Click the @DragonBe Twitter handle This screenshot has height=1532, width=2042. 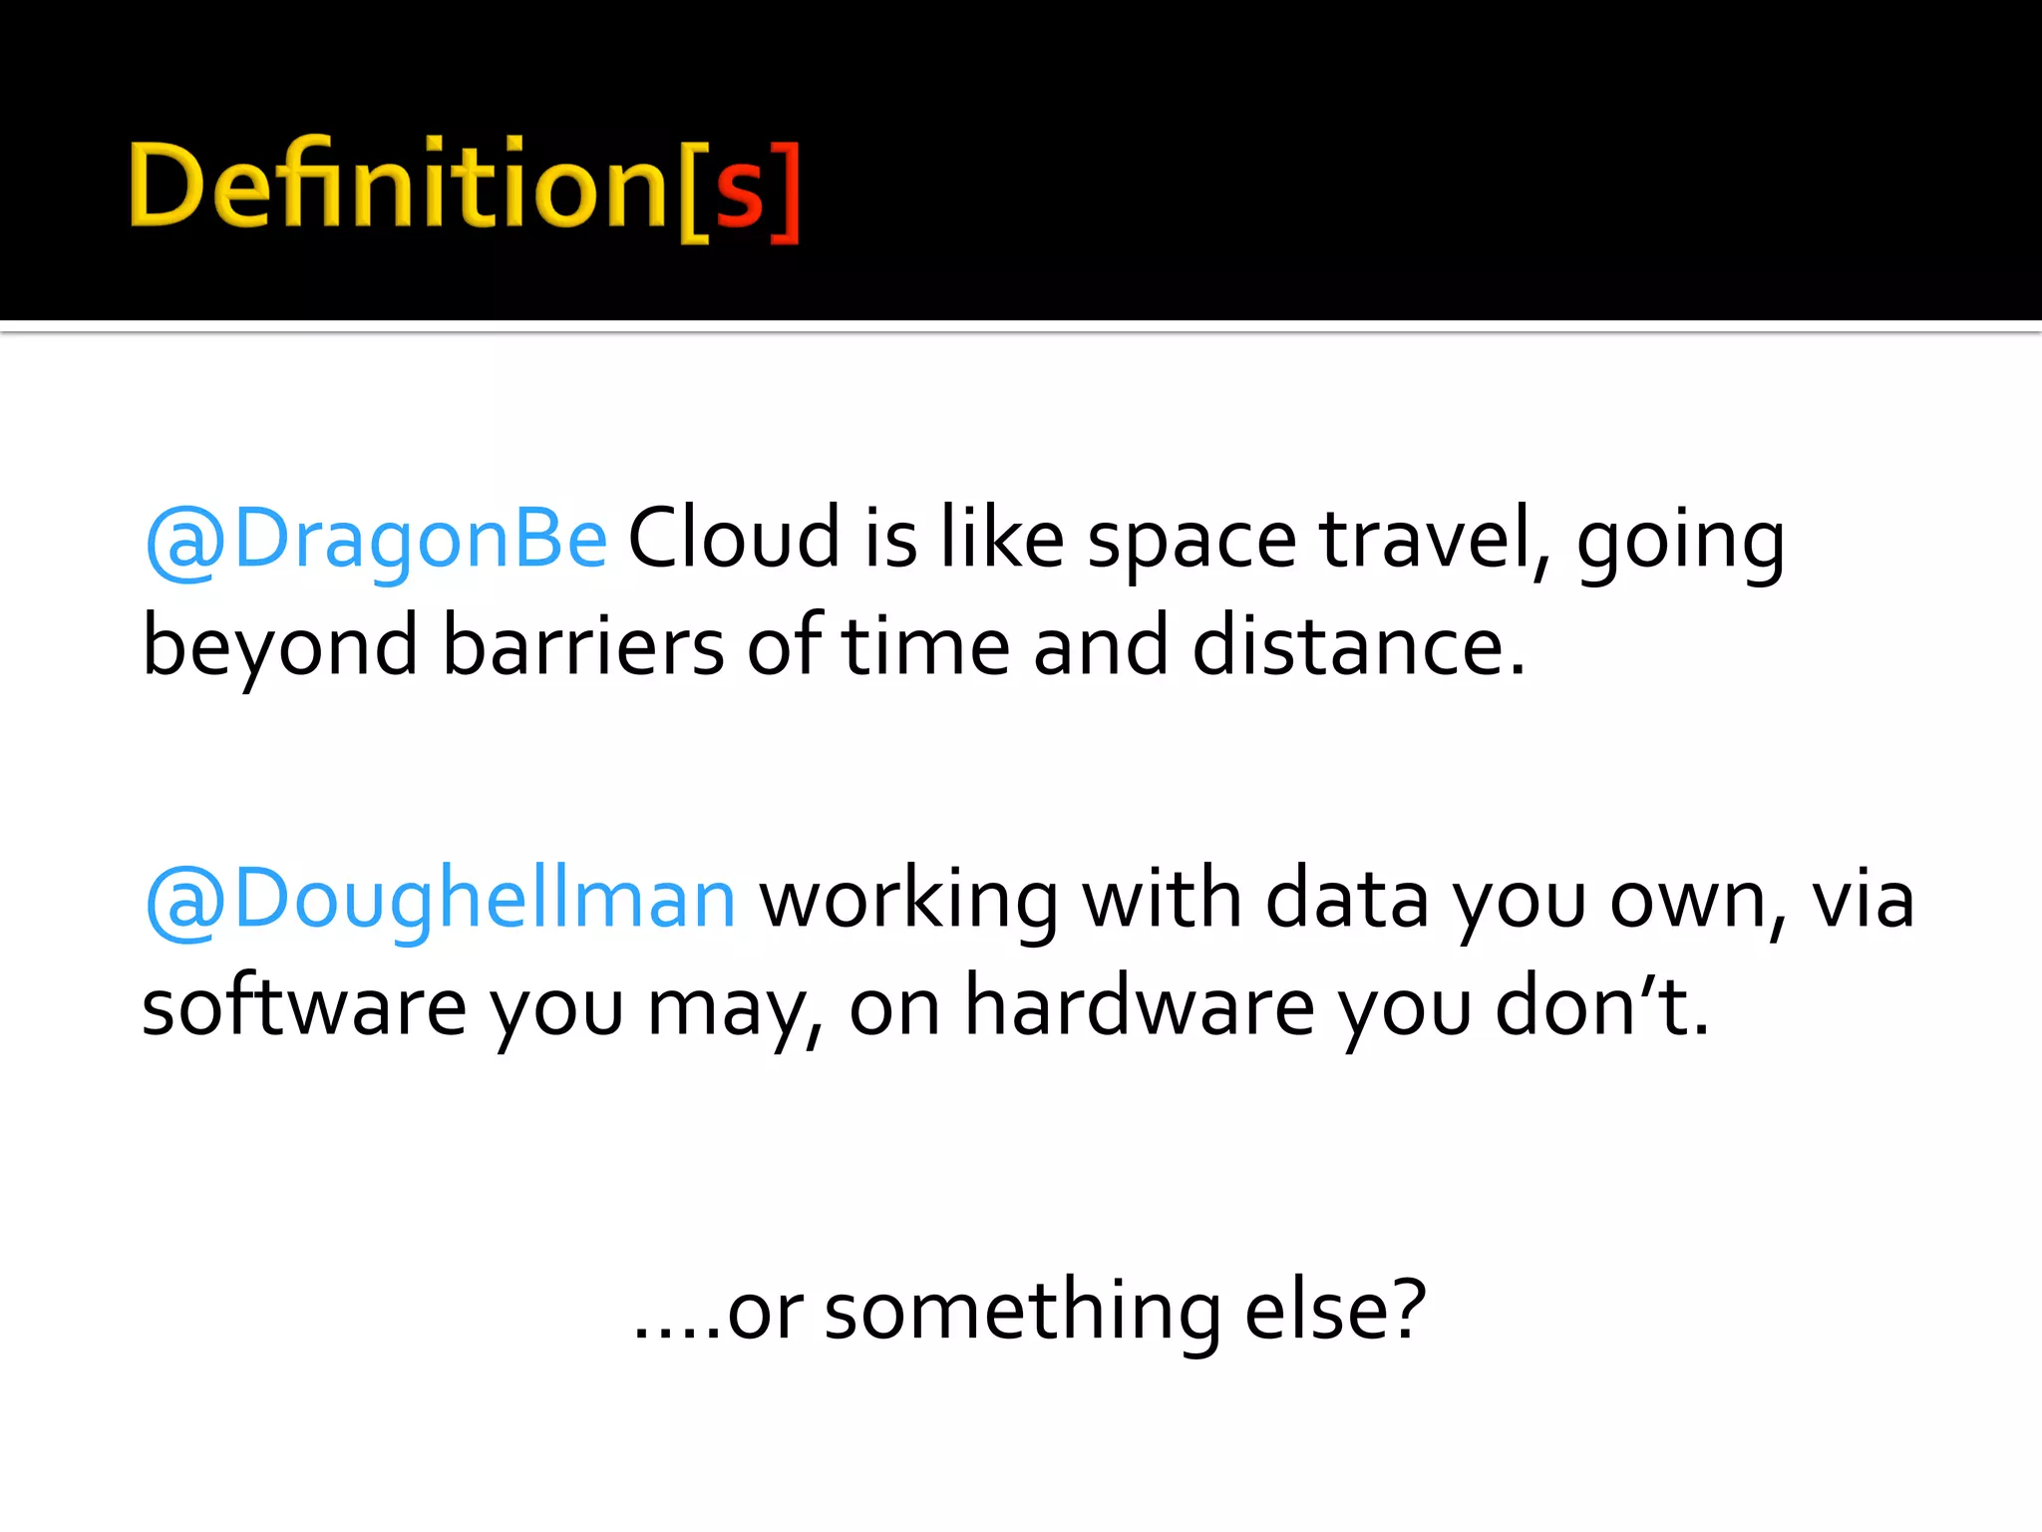click(376, 540)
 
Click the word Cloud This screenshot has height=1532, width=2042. click(734, 540)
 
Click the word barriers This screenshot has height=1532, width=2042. click(583, 647)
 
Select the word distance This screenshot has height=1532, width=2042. click(1358, 647)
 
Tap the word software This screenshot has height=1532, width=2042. click(304, 1007)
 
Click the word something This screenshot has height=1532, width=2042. click(1023, 1313)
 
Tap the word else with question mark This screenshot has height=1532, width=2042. click(1335, 1311)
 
